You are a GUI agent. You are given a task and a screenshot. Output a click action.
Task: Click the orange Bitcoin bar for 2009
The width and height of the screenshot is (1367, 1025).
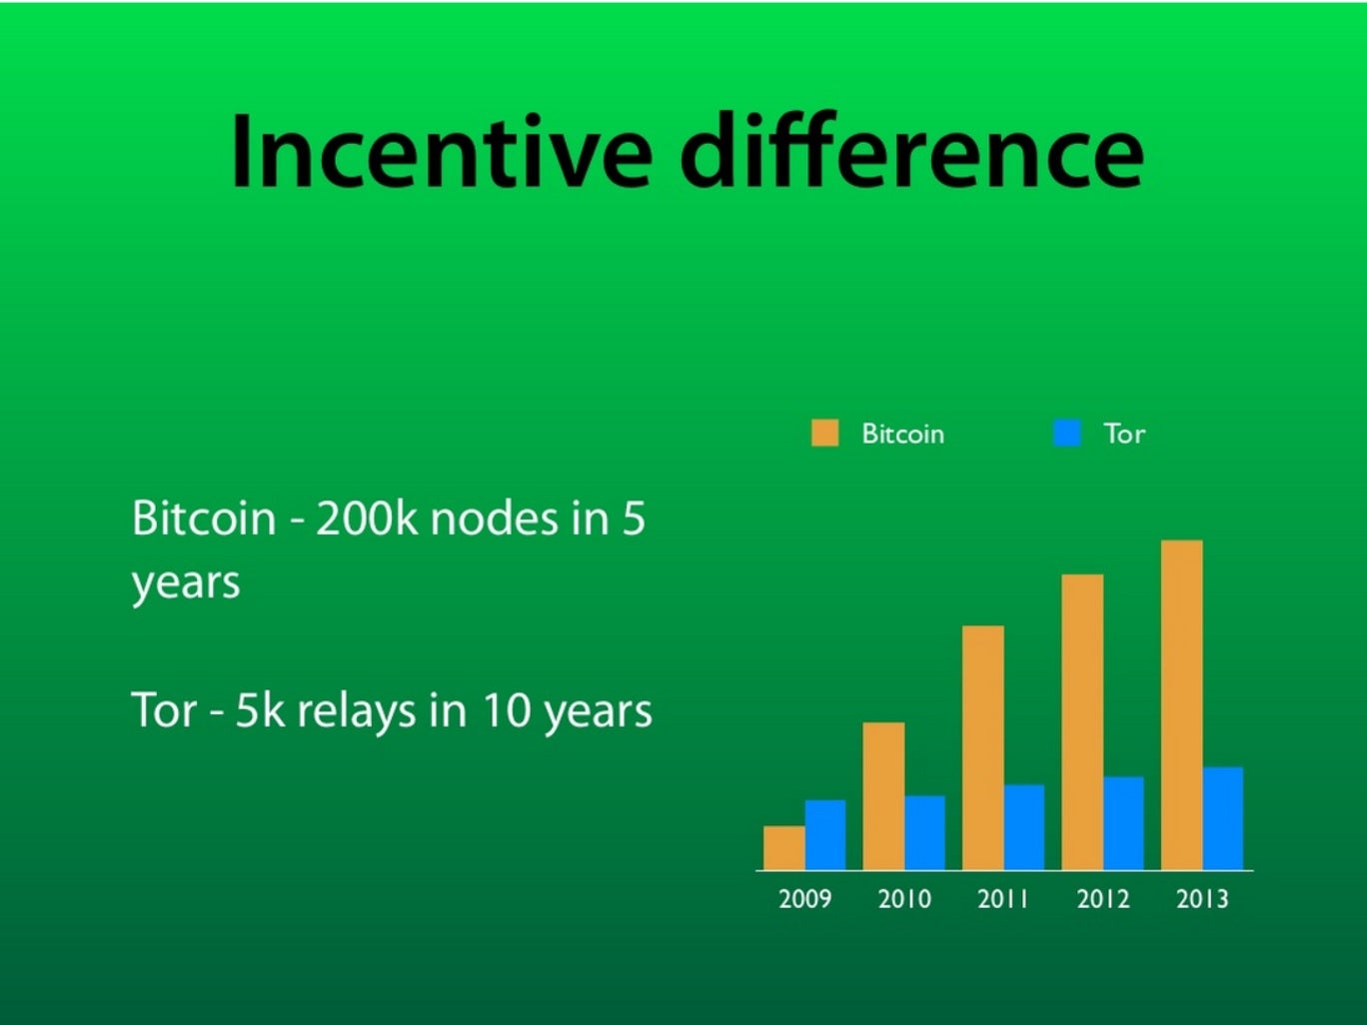point(784,847)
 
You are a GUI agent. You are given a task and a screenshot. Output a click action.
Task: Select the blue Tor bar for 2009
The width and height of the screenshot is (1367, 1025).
point(825,834)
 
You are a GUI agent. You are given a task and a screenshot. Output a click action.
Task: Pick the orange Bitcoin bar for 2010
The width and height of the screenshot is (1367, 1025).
point(883,796)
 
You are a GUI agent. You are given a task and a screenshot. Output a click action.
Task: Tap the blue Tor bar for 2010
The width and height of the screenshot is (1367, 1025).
point(925,833)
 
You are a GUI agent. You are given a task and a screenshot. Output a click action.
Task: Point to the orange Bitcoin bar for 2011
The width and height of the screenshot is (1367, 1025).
point(983,747)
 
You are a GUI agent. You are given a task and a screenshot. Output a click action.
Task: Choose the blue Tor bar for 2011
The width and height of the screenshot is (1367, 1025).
point(1024,827)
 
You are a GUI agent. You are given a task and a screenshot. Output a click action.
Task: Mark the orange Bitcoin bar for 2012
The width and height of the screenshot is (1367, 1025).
point(1082,722)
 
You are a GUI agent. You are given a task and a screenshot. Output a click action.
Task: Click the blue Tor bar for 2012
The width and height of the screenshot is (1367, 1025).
point(1123,823)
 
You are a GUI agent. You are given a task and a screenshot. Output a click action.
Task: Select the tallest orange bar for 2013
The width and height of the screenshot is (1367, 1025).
point(1182,705)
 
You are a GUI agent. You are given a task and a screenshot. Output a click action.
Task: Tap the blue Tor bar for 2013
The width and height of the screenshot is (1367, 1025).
point(1223,818)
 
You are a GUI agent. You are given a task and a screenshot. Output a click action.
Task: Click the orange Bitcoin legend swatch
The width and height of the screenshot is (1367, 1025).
point(825,433)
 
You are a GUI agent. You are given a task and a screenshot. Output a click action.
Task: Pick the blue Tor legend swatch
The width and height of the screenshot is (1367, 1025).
point(1067,433)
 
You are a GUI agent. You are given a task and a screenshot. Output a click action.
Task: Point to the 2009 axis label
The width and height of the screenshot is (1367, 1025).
point(804,899)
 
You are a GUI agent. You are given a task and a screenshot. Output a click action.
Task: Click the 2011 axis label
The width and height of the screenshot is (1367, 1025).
point(1002,899)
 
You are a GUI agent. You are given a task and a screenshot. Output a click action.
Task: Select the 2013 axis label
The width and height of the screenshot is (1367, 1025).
point(1202,899)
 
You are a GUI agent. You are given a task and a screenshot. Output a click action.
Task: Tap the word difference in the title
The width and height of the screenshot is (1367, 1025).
point(911,149)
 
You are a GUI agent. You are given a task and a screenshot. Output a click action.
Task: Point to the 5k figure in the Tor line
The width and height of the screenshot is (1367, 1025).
point(261,710)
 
